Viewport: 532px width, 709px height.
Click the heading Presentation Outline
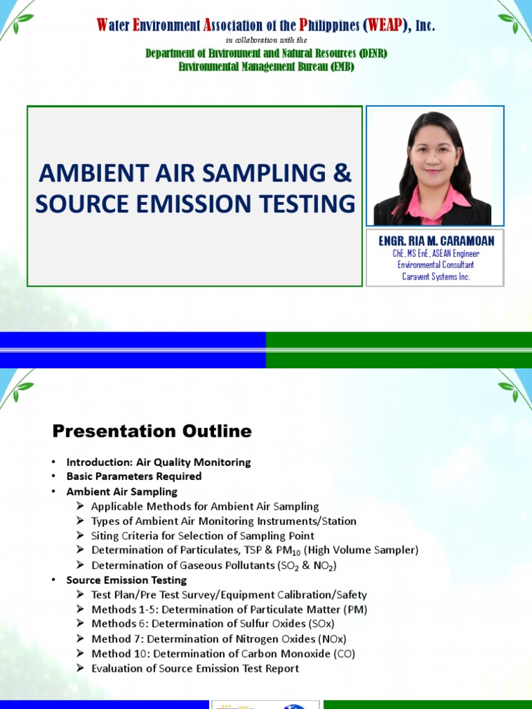[152, 431]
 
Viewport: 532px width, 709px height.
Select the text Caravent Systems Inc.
[435, 276]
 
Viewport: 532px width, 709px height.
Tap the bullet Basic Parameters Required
[134, 476]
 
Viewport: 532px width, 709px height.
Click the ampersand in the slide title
[342, 173]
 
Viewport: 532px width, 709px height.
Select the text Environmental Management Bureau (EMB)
[266, 66]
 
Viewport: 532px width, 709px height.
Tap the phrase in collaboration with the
[266, 40]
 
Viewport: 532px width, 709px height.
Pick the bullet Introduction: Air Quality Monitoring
[159, 462]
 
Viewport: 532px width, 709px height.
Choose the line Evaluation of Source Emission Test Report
[195, 668]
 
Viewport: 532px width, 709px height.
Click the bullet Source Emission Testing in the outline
[127, 580]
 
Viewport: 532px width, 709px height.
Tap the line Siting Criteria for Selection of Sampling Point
[202, 536]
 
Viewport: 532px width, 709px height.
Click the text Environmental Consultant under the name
[435, 265]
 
